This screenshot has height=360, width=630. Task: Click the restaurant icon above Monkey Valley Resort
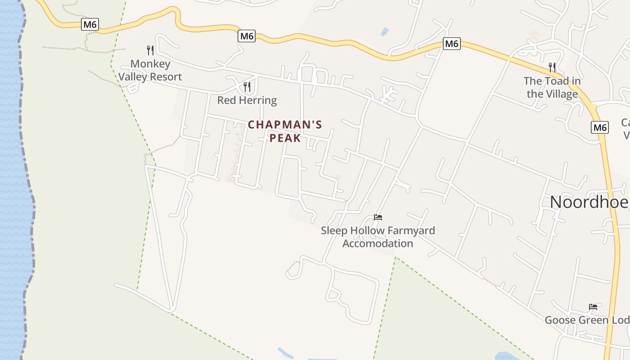click(150, 50)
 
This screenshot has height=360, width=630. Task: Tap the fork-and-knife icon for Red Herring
click(247, 86)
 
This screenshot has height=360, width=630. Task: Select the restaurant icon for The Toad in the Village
click(552, 67)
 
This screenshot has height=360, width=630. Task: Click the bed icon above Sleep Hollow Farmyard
click(378, 217)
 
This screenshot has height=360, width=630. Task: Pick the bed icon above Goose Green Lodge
click(593, 307)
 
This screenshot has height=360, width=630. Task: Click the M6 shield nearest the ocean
click(90, 24)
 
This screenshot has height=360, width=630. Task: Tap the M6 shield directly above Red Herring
click(247, 36)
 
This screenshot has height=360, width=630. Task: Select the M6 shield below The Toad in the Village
click(600, 127)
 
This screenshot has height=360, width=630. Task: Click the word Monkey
click(150, 64)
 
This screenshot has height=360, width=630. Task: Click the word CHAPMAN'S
click(285, 125)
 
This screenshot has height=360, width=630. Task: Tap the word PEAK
click(285, 138)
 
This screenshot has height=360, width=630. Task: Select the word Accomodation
click(378, 243)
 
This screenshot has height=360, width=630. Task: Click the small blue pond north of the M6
click(384, 31)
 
